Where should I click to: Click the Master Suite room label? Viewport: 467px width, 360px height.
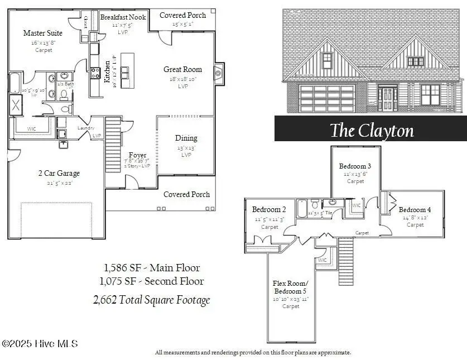tap(43, 33)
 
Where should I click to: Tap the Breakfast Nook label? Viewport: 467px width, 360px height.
tap(123, 17)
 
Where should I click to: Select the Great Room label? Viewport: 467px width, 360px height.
tap(182, 70)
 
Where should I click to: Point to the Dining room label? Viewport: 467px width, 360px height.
tap(186, 138)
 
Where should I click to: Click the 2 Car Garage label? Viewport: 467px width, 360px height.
tap(59, 174)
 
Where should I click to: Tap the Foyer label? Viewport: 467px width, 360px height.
tap(137, 155)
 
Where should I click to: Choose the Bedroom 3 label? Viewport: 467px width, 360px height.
tap(355, 166)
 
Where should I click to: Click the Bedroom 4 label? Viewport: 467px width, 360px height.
tap(415, 210)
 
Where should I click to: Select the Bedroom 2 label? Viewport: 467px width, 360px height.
tap(269, 210)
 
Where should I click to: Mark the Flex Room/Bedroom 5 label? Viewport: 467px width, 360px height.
tap(291, 287)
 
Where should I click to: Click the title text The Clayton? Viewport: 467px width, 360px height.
tap(372, 130)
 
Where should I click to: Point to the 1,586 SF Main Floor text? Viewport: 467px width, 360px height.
tap(152, 268)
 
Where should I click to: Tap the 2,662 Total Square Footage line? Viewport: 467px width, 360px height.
tap(152, 300)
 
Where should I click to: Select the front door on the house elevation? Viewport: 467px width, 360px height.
tap(387, 98)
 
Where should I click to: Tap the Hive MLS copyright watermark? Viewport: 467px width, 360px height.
tap(40, 344)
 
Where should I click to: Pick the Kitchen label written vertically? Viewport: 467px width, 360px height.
tap(107, 71)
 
